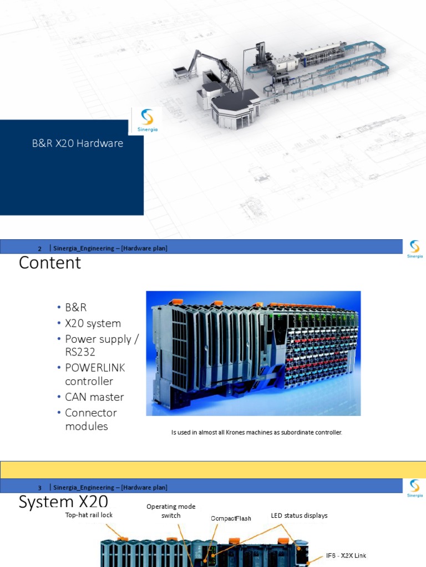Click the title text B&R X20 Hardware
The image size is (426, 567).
click(x=77, y=144)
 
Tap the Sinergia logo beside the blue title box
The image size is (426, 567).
click(x=146, y=121)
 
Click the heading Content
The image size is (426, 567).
click(x=50, y=262)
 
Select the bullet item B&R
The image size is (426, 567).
click(x=76, y=307)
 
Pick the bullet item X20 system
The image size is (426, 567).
click(x=93, y=323)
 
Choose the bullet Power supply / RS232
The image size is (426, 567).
click(x=101, y=346)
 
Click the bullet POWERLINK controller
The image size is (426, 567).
click(x=95, y=374)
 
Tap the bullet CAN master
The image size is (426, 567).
click(x=94, y=397)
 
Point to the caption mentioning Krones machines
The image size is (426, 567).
click(x=257, y=432)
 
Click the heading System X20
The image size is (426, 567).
click(x=63, y=502)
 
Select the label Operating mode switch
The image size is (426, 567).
click(x=171, y=511)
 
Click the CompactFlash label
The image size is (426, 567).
click(x=231, y=518)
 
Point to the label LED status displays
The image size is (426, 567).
click(x=299, y=516)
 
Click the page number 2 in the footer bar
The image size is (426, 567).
click(x=40, y=249)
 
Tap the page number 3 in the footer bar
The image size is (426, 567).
click(x=40, y=488)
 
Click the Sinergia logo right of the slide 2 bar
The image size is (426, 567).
click(x=414, y=249)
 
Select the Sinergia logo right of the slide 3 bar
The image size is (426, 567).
click(x=414, y=488)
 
